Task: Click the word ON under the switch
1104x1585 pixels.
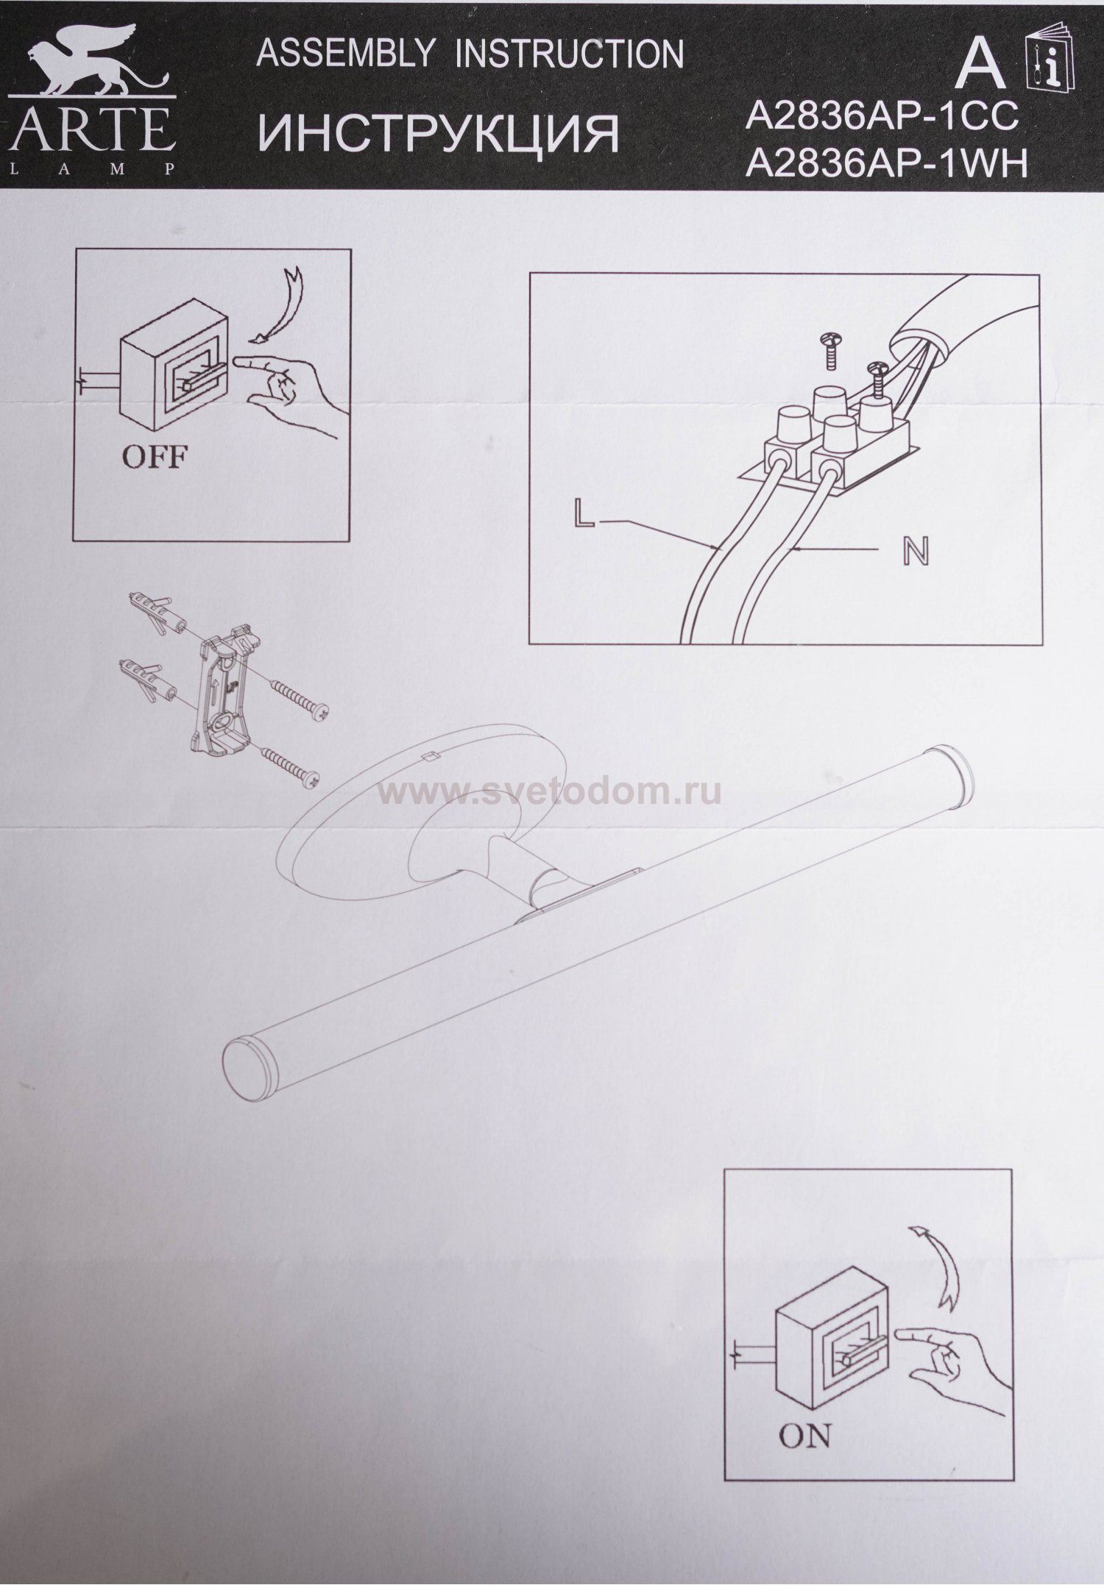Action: pyautogui.click(x=806, y=1435)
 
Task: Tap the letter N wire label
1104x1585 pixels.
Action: pyautogui.click(x=916, y=551)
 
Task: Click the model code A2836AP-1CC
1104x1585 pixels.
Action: pyautogui.click(x=881, y=118)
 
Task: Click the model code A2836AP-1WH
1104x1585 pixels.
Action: pyautogui.click(x=885, y=166)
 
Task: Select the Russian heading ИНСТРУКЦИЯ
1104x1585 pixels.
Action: pyautogui.click(x=439, y=133)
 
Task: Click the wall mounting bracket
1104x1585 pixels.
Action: pyautogui.click(x=225, y=683)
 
